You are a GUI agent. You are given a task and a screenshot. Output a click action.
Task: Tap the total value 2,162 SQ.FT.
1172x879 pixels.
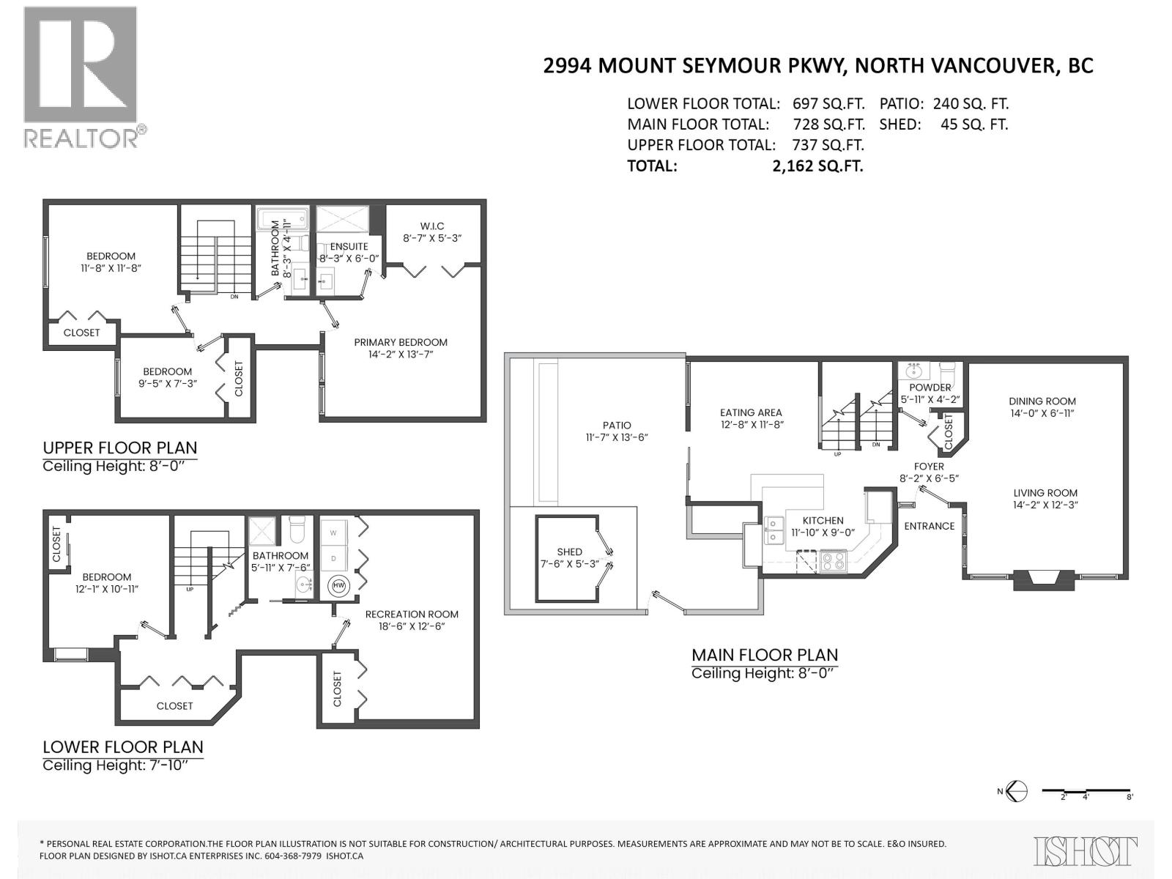click(817, 166)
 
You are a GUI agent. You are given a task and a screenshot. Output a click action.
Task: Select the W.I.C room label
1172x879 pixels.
click(432, 226)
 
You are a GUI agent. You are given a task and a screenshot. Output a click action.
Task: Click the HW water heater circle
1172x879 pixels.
click(339, 585)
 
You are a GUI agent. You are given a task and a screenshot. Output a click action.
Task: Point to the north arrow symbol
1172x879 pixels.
click(1017, 791)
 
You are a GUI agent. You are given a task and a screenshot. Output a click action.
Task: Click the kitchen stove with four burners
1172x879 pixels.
click(833, 560)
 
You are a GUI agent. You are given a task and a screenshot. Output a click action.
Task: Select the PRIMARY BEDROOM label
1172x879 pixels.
click(401, 342)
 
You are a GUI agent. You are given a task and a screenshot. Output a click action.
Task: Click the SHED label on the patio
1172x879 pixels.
click(569, 552)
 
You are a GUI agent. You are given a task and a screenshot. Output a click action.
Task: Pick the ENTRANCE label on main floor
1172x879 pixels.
click(929, 526)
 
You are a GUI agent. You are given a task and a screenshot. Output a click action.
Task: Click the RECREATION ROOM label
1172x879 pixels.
click(412, 614)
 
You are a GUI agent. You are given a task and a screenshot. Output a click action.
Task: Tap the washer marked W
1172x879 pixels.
click(334, 533)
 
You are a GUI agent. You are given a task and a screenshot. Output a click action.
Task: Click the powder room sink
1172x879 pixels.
click(913, 371)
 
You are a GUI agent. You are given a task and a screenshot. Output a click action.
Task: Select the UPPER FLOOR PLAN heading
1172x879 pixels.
click(119, 448)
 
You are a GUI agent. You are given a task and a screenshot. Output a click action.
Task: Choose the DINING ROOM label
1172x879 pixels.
click(1042, 401)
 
